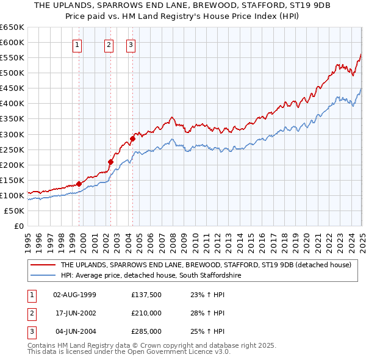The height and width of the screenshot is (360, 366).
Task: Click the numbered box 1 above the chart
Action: [x=78, y=44]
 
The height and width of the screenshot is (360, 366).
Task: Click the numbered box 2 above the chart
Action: [x=109, y=44]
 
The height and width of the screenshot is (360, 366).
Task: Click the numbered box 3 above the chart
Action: [x=131, y=44]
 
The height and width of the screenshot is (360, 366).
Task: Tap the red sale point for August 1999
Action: [x=79, y=184]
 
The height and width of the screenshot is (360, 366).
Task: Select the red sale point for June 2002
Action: [x=111, y=162]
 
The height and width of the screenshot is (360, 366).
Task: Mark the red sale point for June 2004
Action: [x=132, y=139]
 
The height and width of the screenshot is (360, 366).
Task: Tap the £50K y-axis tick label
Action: [x=15, y=211]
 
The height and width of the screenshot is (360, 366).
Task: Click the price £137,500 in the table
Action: [x=146, y=295]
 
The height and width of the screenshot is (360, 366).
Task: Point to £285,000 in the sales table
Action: [x=146, y=331]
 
